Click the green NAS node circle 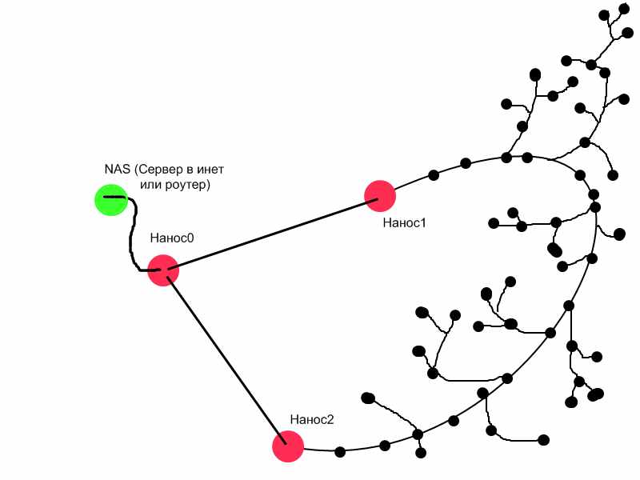pyautogui.click(x=111, y=200)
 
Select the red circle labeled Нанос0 pyautogui.click(x=163, y=270)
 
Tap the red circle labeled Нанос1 pyautogui.click(x=379, y=195)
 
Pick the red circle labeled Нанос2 pyautogui.click(x=288, y=446)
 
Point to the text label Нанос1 pyautogui.click(x=404, y=223)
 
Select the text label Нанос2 pyautogui.click(x=311, y=419)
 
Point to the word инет pyautogui.click(x=218, y=169)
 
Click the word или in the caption pyautogui.click(x=151, y=185)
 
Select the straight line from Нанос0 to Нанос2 pyautogui.click(x=225, y=358)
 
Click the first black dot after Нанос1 pyautogui.click(x=434, y=174)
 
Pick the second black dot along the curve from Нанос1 pyautogui.click(x=466, y=164)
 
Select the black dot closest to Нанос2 pyautogui.click(x=340, y=452)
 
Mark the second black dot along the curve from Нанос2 pyautogui.click(x=385, y=446)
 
